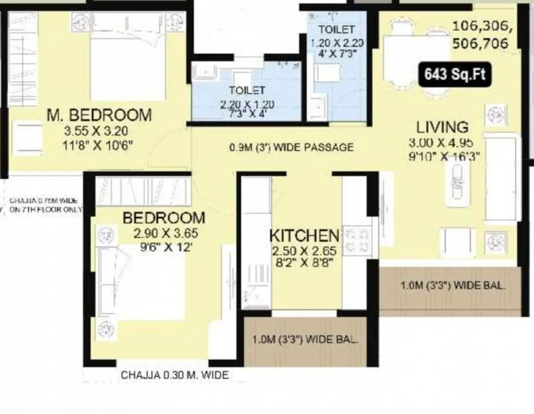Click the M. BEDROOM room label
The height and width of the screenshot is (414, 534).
click(99, 115)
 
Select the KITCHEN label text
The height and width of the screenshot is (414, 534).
click(304, 236)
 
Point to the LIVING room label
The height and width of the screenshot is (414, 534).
click(442, 127)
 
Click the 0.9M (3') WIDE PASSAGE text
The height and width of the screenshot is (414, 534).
click(291, 147)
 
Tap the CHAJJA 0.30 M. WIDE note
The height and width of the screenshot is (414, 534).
click(174, 375)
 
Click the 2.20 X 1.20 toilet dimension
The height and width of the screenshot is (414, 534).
click(247, 104)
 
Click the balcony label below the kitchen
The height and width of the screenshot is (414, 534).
click(305, 340)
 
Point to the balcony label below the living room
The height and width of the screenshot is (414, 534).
click(453, 286)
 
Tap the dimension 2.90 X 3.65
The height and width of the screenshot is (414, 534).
click(159, 234)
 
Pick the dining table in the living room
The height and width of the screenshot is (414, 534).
click(416, 59)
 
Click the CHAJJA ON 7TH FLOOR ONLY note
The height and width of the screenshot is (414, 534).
click(45, 205)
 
